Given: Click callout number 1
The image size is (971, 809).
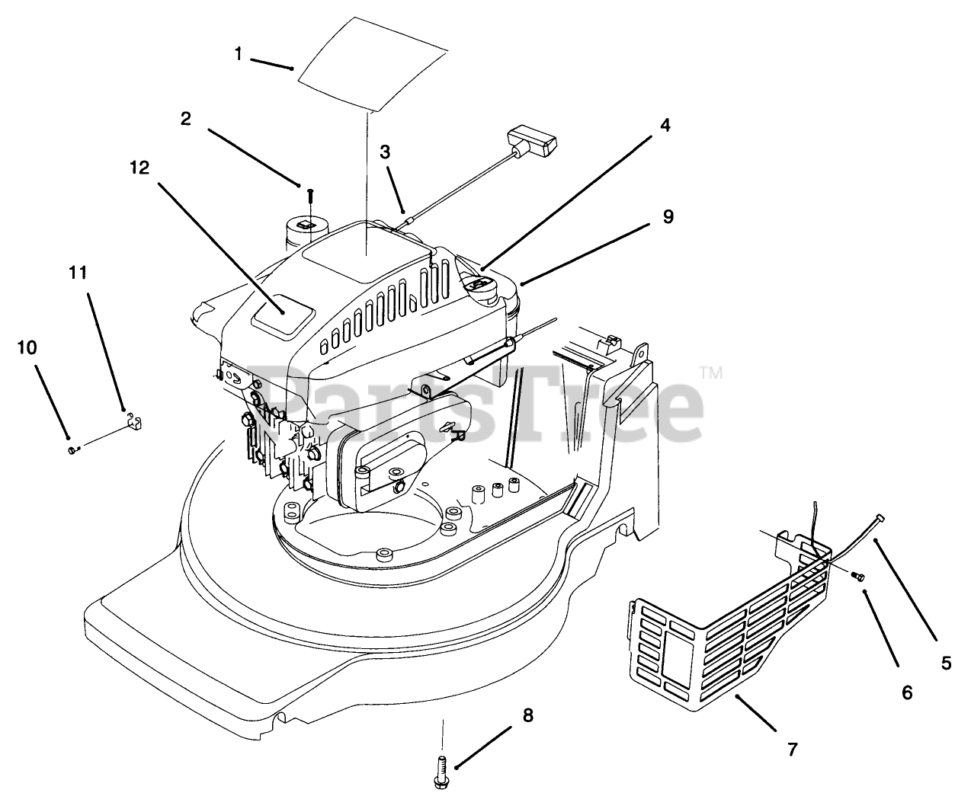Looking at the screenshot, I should click(239, 54).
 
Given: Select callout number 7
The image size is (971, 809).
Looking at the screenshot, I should click(792, 750).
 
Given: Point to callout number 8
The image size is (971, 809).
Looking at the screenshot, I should click(527, 716).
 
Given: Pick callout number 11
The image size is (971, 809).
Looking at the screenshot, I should click(79, 273).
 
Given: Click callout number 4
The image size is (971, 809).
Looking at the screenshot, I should click(665, 126).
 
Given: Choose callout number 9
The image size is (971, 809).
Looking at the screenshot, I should click(668, 217).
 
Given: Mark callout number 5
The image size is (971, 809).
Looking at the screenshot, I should click(946, 663).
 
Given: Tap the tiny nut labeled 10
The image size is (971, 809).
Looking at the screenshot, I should click(72, 450).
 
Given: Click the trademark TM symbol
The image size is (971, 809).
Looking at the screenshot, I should click(710, 373).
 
